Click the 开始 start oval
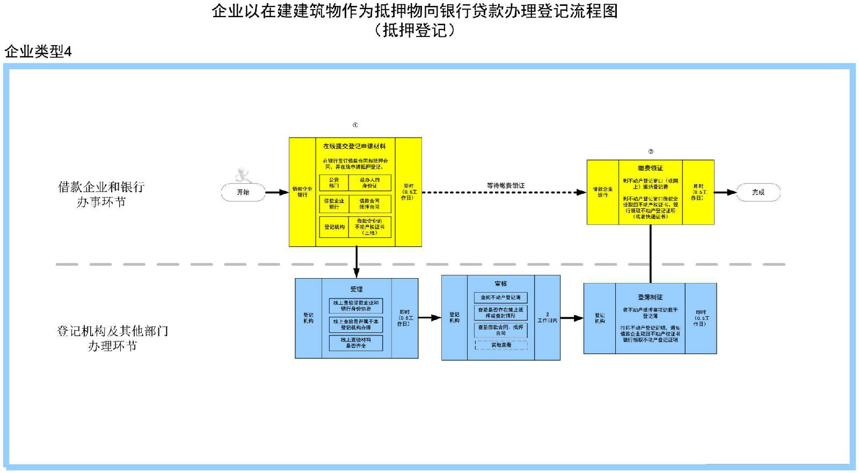[x=243, y=192]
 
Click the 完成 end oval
[x=758, y=192]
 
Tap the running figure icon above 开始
[x=243, y=175]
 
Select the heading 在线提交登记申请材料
[x=354, y=146]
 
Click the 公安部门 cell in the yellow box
[x=334, y=183]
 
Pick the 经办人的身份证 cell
[x=369, y=183]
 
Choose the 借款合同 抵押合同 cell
[x=369, y=204]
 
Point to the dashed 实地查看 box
[x=501, y=345]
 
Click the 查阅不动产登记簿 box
[x=500, y=297]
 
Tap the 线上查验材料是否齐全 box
[x=356, y=343]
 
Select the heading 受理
[x=356, y=289]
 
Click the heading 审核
[x=500, y=283]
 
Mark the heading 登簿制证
[x=650, y=297]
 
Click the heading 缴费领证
[x=650, y=168]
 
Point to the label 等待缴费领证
[x=506, y=186]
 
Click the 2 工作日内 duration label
[x=547, y=317]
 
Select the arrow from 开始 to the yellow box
[x=277, y=192]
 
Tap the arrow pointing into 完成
[x=725, y=192]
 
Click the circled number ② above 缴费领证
[x=651, y=151]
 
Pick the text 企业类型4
[x=38, y=52]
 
